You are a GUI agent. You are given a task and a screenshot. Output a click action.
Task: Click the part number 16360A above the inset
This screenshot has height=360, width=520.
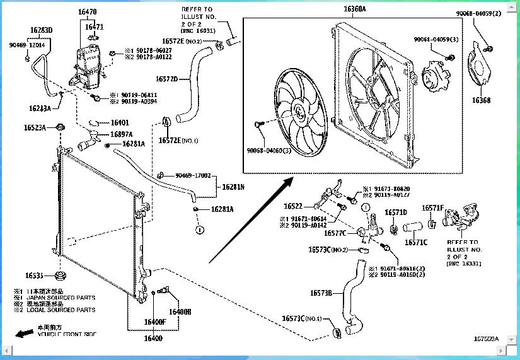tap(354, 10)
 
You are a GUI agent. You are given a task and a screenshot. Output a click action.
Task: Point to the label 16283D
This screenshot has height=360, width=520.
tap(41, 30)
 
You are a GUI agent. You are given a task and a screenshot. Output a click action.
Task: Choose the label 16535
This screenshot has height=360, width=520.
tap(35, 276)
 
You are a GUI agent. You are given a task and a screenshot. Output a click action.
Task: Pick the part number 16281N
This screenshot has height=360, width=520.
tap(233, 187)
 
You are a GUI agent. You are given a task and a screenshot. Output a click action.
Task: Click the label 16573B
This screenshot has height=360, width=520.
tap(321, 293)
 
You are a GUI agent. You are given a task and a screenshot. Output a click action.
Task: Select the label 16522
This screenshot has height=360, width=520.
tap(293, 206)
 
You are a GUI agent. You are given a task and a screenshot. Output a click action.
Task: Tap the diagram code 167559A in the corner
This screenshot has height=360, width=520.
tap(486, 339)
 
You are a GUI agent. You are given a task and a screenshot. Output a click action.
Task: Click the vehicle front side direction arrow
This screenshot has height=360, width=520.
tap(25, 333)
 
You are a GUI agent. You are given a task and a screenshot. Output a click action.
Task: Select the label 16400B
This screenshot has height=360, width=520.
tap(180, 311)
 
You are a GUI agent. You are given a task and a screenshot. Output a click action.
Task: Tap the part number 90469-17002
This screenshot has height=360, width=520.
tap(192, 176)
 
